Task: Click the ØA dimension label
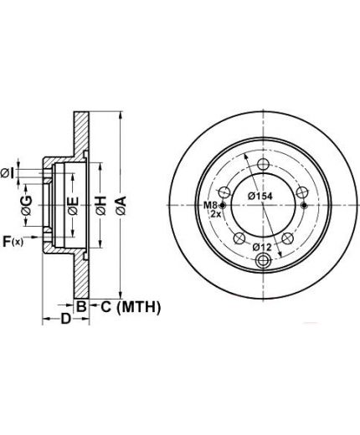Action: [121, 206]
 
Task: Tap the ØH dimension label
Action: [101, 206]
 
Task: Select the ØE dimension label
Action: [73, 206]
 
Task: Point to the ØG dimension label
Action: [27, 206]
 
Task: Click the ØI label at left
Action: [7, 174]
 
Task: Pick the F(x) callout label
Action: [13, 241]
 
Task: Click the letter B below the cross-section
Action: [81, 307]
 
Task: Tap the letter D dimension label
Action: [66, 319]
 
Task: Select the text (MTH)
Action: [139, 307]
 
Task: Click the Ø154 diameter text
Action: [260, 196]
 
